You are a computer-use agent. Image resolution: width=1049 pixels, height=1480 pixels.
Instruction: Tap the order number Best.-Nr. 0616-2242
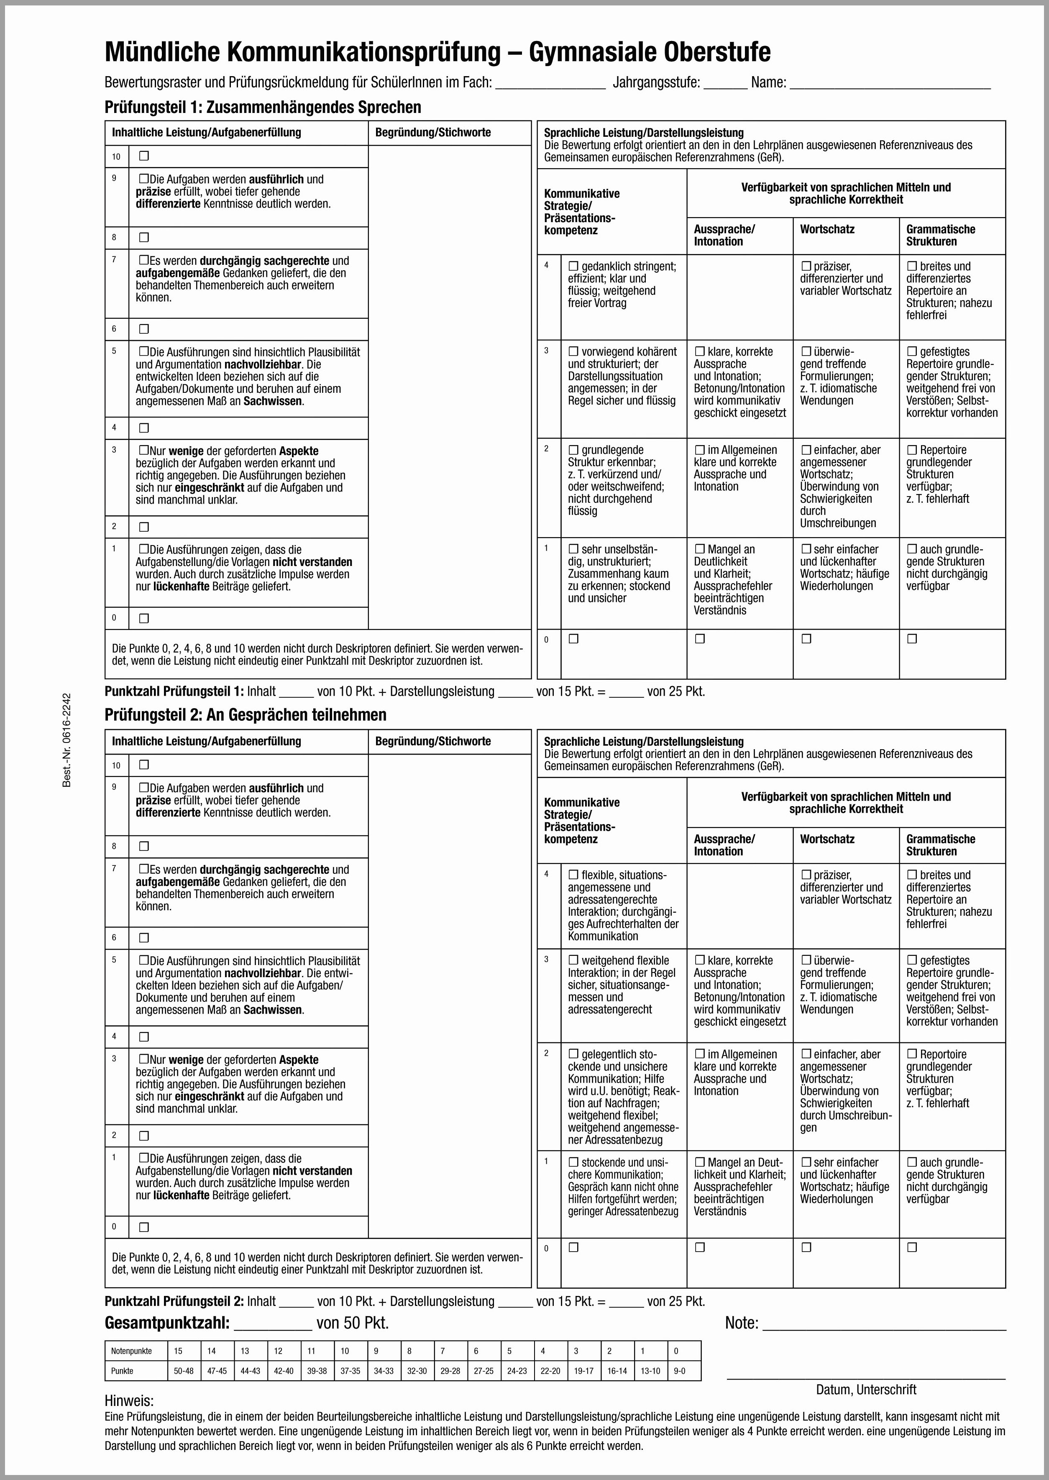(67, 740)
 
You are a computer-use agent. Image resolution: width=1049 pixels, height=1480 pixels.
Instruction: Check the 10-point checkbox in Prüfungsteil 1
(144, 156)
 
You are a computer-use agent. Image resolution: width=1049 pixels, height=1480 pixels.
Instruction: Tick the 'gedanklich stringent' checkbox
(573, 266)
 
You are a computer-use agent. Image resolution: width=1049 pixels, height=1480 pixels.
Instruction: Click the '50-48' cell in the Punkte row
(184, 1371)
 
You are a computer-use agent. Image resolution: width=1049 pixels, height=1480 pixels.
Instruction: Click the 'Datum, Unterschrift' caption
(865, 1390)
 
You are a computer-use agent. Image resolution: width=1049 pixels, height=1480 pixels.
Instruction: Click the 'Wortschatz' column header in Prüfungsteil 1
(827, 229)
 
